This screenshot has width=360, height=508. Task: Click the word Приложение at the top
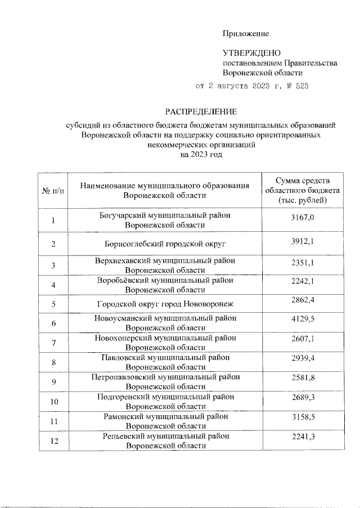[x=246, y=34]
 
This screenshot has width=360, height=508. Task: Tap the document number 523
[x=301, y=87]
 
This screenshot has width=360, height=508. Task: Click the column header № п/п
[x=53, y=191]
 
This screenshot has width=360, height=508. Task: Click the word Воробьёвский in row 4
[x=119, y=280]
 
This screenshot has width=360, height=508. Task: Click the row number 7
[x=53, y=343]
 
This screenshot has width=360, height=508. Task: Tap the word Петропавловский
[x=121, y=377]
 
